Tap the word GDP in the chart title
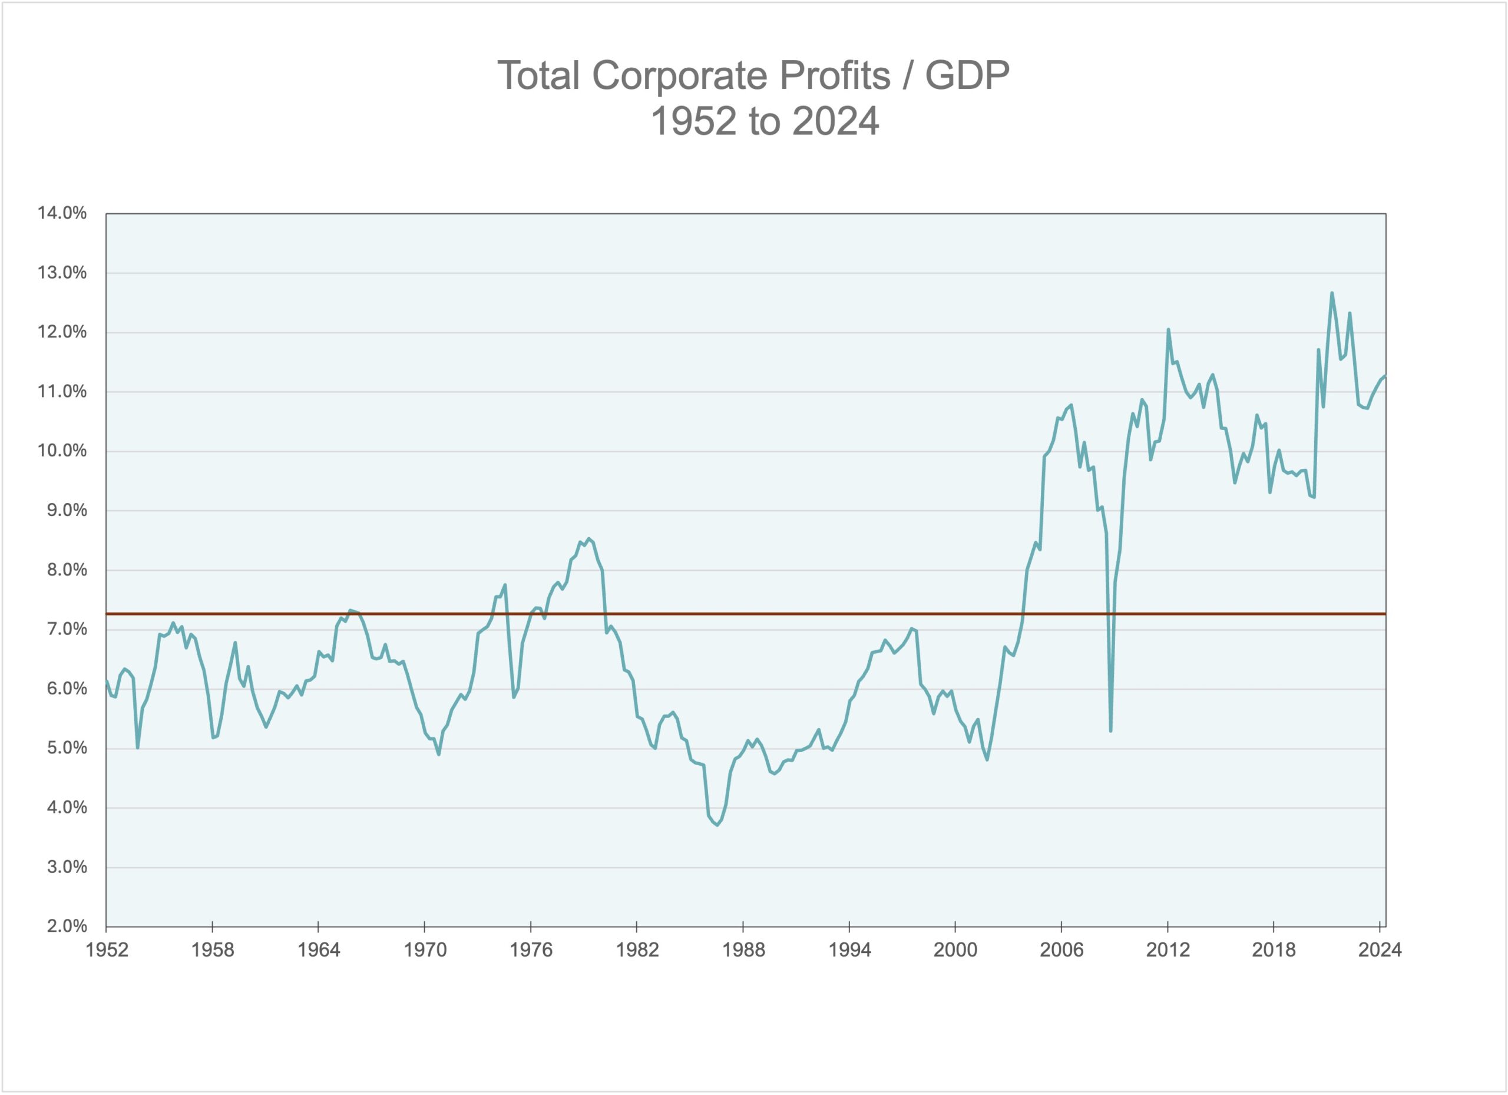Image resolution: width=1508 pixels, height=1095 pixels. [x=967, y=75]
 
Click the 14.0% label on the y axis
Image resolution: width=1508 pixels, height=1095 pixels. [x=62, y=213]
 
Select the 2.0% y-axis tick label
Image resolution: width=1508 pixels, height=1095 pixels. [x=67, y=926]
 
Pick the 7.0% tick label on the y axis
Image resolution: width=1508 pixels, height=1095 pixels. [x=67, y=629]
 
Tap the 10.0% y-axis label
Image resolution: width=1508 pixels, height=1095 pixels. [x=62, y=451]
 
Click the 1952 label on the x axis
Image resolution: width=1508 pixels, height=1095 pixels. [x=107, y=950]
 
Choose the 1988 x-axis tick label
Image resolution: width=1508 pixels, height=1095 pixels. [x=743, y=950]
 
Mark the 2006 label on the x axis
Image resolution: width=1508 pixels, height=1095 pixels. [x=1061, y=950]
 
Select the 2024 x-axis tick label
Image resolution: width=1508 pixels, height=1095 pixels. [x=1380, y=950]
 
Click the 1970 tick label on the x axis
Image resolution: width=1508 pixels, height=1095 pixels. [x=425, y=950]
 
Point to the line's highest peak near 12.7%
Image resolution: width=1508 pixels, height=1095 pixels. [x=1332, y=293]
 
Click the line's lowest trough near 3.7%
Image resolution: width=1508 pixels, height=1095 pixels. [x=717, y=825]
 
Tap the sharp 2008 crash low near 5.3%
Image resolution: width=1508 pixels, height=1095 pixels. [x=1110, y=730]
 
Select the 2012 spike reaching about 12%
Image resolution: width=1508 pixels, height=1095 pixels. [x=1168, y=330]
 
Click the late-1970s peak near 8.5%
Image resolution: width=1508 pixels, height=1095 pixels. [x=588, y=538]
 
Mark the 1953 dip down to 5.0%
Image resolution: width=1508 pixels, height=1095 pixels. [x=138, y=747]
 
